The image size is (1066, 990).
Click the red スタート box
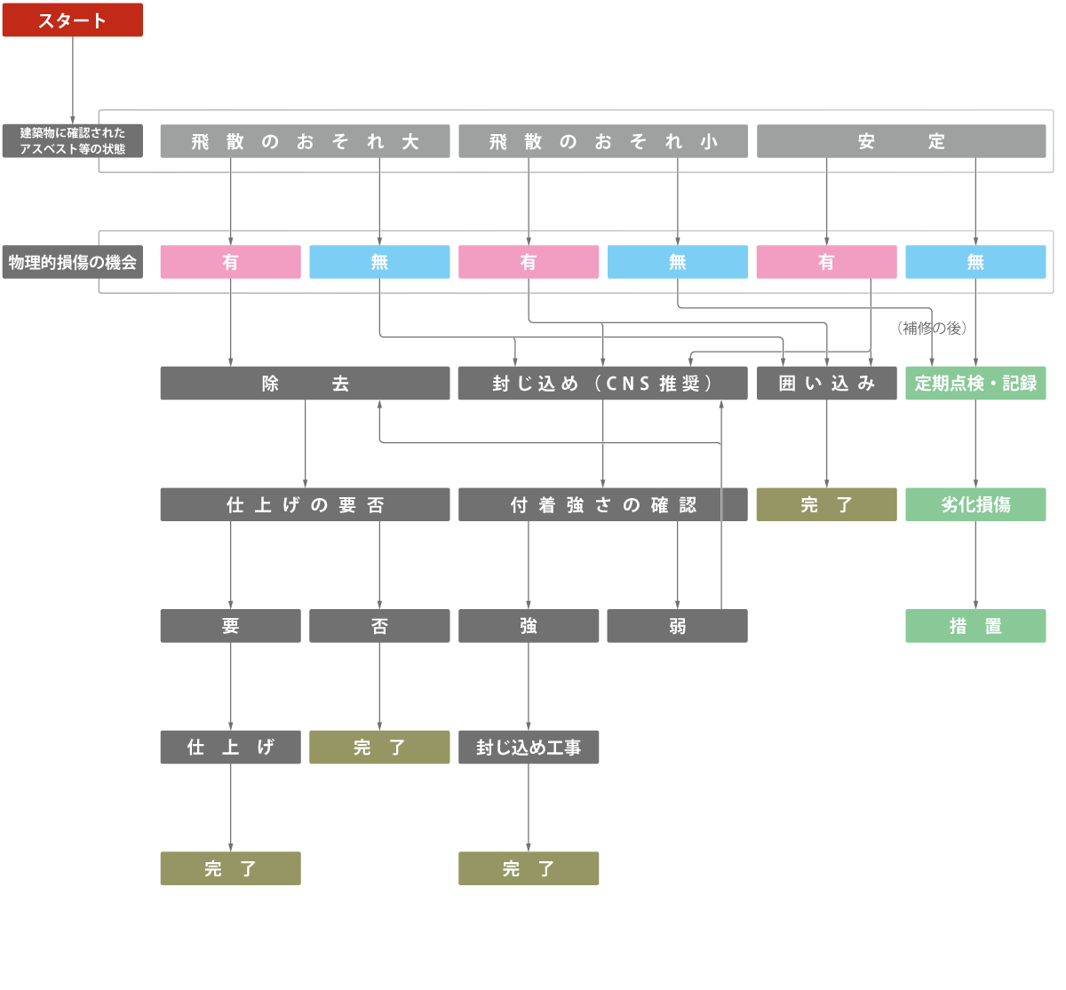pos(72,20)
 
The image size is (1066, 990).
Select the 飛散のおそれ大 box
pos(305,141)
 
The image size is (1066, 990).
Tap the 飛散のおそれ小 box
pos(603,141)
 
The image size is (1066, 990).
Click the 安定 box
pos(901,141)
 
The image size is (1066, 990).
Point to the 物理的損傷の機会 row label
pos(72,262)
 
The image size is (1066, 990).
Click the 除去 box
pos(305,384)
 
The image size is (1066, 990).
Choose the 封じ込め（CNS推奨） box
pos(603,384)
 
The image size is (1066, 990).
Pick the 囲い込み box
pos(826,384)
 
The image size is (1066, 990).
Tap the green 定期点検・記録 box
pos(975,384)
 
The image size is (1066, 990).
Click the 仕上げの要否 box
pos(305,504)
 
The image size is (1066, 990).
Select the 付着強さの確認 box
pos(603,504)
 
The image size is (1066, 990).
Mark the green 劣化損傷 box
pos(975,504)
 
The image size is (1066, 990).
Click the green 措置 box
pos(975,626)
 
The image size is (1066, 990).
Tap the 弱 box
pos(677,626)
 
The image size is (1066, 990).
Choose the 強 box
pos(529,626)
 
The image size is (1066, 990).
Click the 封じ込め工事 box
pos(529,747)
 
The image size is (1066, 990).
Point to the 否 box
pos(379,626)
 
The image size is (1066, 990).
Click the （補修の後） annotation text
pos(931,328)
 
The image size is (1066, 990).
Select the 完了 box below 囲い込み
pos(826,504)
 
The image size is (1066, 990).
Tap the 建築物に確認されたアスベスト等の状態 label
pos(72,141)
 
